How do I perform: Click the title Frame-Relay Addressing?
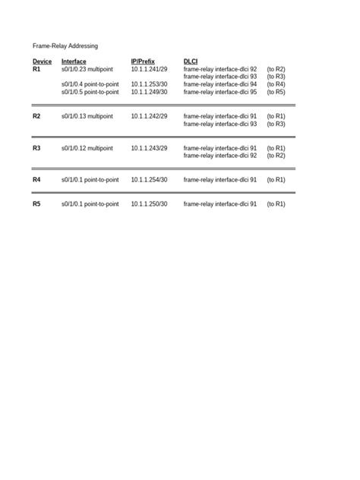[x=65, y=46]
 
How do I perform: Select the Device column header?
[x=43, y=62]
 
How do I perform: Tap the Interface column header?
[x=74, y=62]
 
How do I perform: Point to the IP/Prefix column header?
[x=143, y=62]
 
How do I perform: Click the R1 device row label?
[x=36, y=69]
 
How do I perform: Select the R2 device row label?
[x=36, y=116]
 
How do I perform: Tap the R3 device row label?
[x=36, y=148]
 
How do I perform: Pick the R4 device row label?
[x=36, y=180]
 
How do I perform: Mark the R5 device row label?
[x=36, y=204]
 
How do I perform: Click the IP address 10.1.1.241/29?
[x=149, y=69]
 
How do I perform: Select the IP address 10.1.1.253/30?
[x=149, y=84]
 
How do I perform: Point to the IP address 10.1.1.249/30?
[x=149, y=92]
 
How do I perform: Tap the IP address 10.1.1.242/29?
[x=149, y=116]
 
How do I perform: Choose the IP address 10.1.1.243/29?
[x=149, y=148]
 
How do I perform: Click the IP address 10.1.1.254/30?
[x=149, y=180]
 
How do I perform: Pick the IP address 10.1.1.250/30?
[x=149, y=204]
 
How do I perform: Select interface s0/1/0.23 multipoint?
[x=87, y=69]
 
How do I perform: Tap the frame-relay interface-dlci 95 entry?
[x=220, y=92]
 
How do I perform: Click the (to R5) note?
[x=276, y=92]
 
